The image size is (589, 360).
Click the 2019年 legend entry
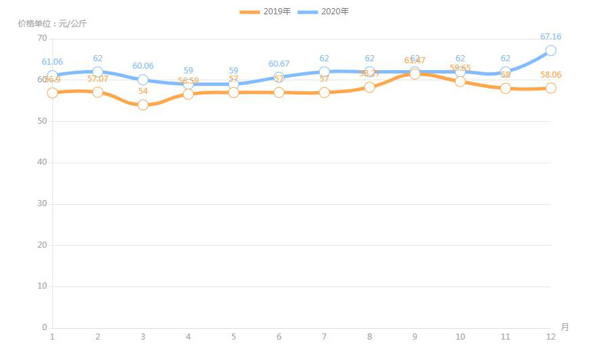[266, 12]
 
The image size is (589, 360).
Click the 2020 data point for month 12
[550, 50]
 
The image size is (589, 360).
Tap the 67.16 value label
[550, 37]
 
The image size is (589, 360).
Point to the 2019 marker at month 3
[143, 105]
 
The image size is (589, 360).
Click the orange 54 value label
[143, 91]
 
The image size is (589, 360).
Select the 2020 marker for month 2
[98, 71]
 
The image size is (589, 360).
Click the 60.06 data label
[143, 66]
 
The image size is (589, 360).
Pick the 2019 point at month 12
[550, 88]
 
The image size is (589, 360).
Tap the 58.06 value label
[550, 74]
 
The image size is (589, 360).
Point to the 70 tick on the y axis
[42, 38]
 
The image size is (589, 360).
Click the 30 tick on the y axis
[42, 203]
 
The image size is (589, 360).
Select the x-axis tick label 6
[279, 337]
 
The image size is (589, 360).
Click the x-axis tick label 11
[505, 337]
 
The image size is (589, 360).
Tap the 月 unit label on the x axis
[565, 327]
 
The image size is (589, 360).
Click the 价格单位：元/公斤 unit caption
[52, 24]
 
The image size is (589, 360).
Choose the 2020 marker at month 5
[233, 84]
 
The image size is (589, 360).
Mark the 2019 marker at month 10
[460, 82]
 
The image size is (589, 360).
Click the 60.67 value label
[279, 64]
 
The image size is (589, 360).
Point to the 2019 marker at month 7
[324, 93]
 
